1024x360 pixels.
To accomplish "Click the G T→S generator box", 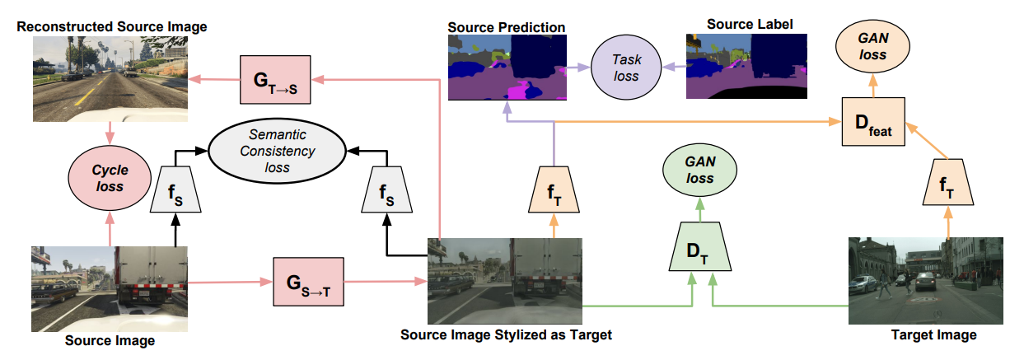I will point(274,79).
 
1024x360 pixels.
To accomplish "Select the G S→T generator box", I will point(306,281).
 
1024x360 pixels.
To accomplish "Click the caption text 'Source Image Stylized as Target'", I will point(506,335).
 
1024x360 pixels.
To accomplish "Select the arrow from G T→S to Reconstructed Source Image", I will point(213,79).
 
